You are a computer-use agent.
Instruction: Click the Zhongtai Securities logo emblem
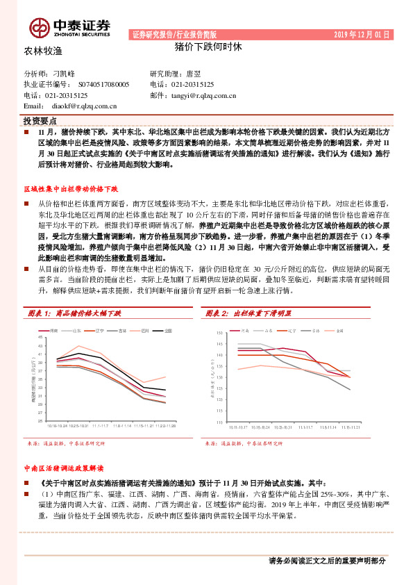[x=39, y=26]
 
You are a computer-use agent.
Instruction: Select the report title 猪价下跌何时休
[x=207, y=49]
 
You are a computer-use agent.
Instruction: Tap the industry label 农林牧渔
[x=43, y=51]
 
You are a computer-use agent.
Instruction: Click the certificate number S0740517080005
[x=99, y=84]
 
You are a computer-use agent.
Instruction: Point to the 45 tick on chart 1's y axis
[x=41, y=336]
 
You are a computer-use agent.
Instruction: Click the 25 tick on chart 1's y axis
[x=41, y=420]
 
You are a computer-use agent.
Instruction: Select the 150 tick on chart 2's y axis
[x=219, y=333]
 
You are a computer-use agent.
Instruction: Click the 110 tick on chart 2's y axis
[x=219, y=422]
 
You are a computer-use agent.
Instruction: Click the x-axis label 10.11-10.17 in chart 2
[x=239, y=427]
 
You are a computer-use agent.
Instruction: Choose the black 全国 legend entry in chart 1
[x=167, y=330]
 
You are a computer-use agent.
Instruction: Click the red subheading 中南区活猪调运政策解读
[x=63, y=469]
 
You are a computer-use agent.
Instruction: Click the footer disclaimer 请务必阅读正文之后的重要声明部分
[x=326, y=560]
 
